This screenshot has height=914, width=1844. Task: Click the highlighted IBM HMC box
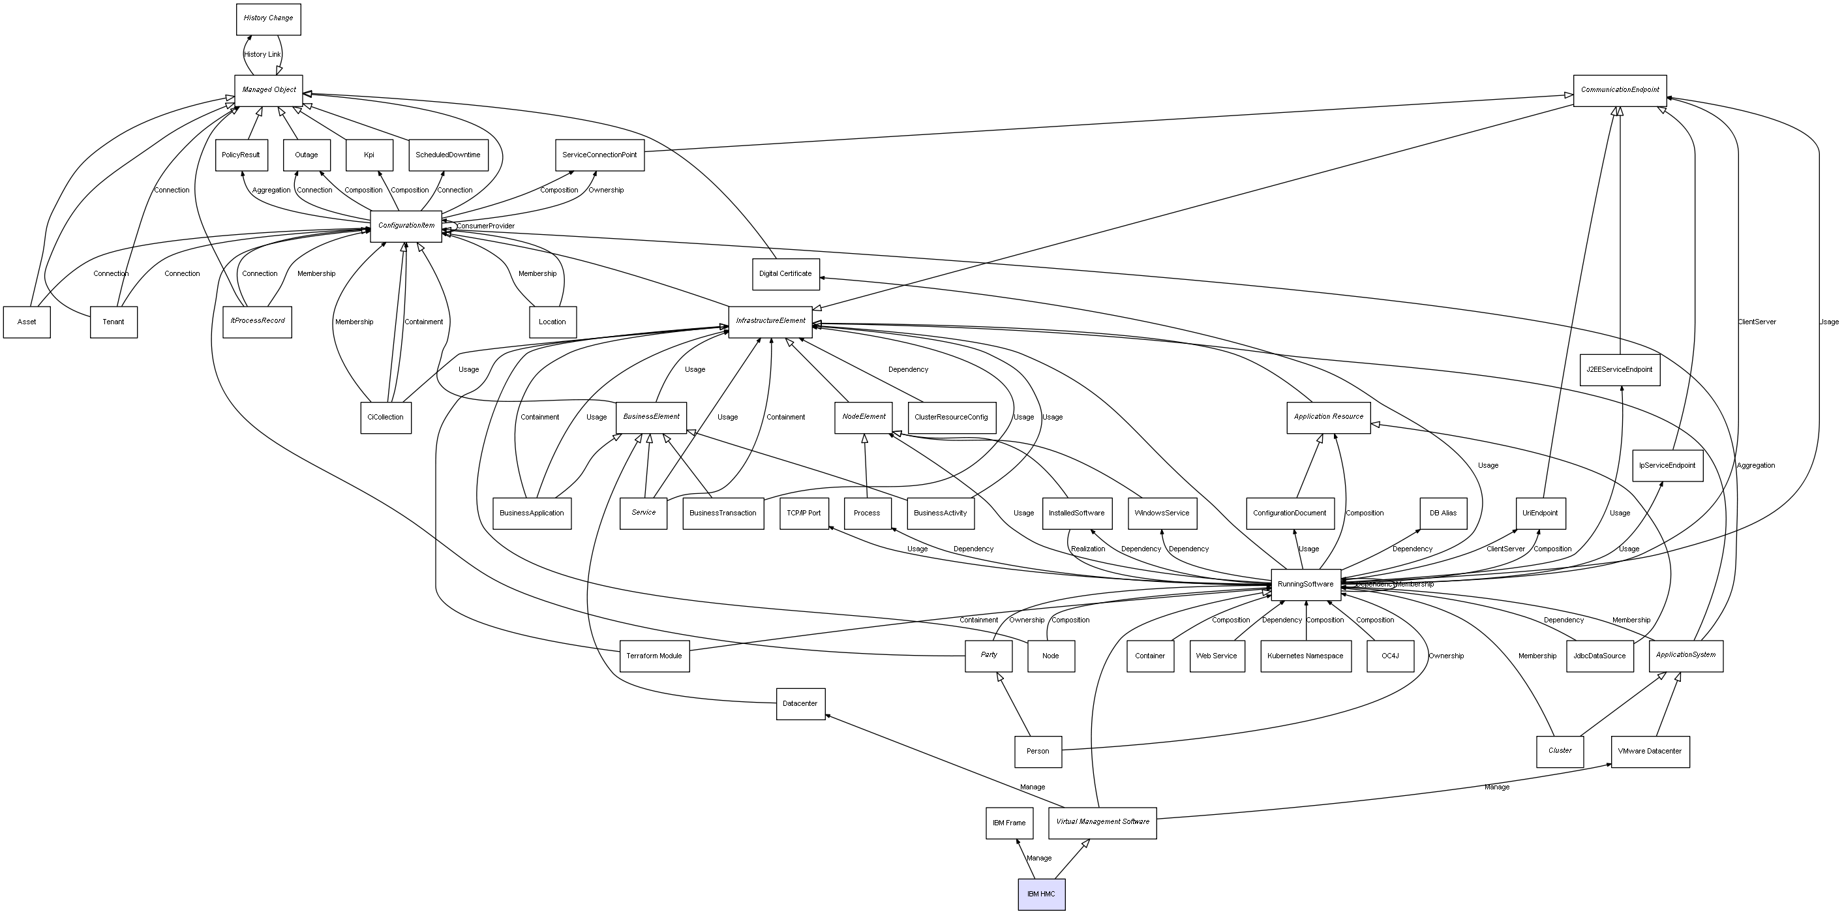pyautogui.click(x=1041, y=894)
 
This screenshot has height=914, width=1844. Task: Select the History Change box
pyautogui.click(x=269, y=19)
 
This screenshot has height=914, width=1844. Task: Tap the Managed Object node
pyautogui.click(x=269, y=90)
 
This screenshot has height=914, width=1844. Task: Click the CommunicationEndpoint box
pyautogui.click(x=1619, y=90)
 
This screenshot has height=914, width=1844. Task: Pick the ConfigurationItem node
pyautogui.click(x=406, y=226)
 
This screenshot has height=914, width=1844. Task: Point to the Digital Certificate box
pyautogui.click(x=785, y=274)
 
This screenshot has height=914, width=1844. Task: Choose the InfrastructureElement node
pyautogui.click(x=770, y=322)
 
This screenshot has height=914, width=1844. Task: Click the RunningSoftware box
pyautogui.click(x=1305, y=585)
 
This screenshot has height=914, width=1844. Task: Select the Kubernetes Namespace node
pyautogui.click(x=1305, y=656)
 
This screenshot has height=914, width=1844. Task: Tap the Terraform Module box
pyautogui.click(x=654, y=656)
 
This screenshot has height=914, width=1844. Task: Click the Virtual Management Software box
pyautogui.click(x=1102, y=823)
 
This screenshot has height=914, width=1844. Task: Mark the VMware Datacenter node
pyautogui.click(x=1650, y=752)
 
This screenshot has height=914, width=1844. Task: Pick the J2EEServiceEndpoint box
pyautogui.click(x=1619, y=370)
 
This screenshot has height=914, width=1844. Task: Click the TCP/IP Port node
pyautogui.click(x=803, y=513)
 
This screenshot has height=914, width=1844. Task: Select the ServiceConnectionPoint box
pyautogui.click(x=599, y=155)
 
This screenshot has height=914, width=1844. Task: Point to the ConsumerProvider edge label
pyautogui.click(x=486, y=226)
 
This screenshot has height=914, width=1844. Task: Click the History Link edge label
pyautogui.click(x=262, y=54)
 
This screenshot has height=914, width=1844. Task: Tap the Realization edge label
pyautogui.click(x=1087, y=549)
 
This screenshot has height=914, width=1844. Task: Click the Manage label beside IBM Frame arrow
pyautogui.click(x=1038, y=858)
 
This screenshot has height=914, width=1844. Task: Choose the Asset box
pyautogui.click(x=27, y=322)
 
